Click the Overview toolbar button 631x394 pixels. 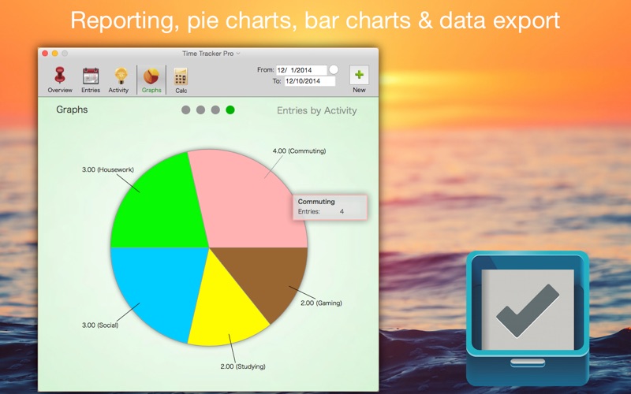pos(60,80)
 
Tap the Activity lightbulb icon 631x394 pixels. pos(121,76)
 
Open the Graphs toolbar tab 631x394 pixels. pos(151,80)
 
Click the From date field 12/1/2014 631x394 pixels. pos(301,70)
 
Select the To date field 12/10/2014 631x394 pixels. pos(310,81)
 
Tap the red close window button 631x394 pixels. pos(45,54)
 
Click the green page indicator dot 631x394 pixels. pos(230,110)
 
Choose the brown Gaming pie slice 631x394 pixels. pos(274,273)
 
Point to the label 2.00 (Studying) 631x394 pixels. pos(243,366)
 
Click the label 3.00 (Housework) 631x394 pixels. pos(108,169)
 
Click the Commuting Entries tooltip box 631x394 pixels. pos(330,207)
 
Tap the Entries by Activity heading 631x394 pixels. pos(317,110)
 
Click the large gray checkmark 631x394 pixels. pos(528,310)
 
